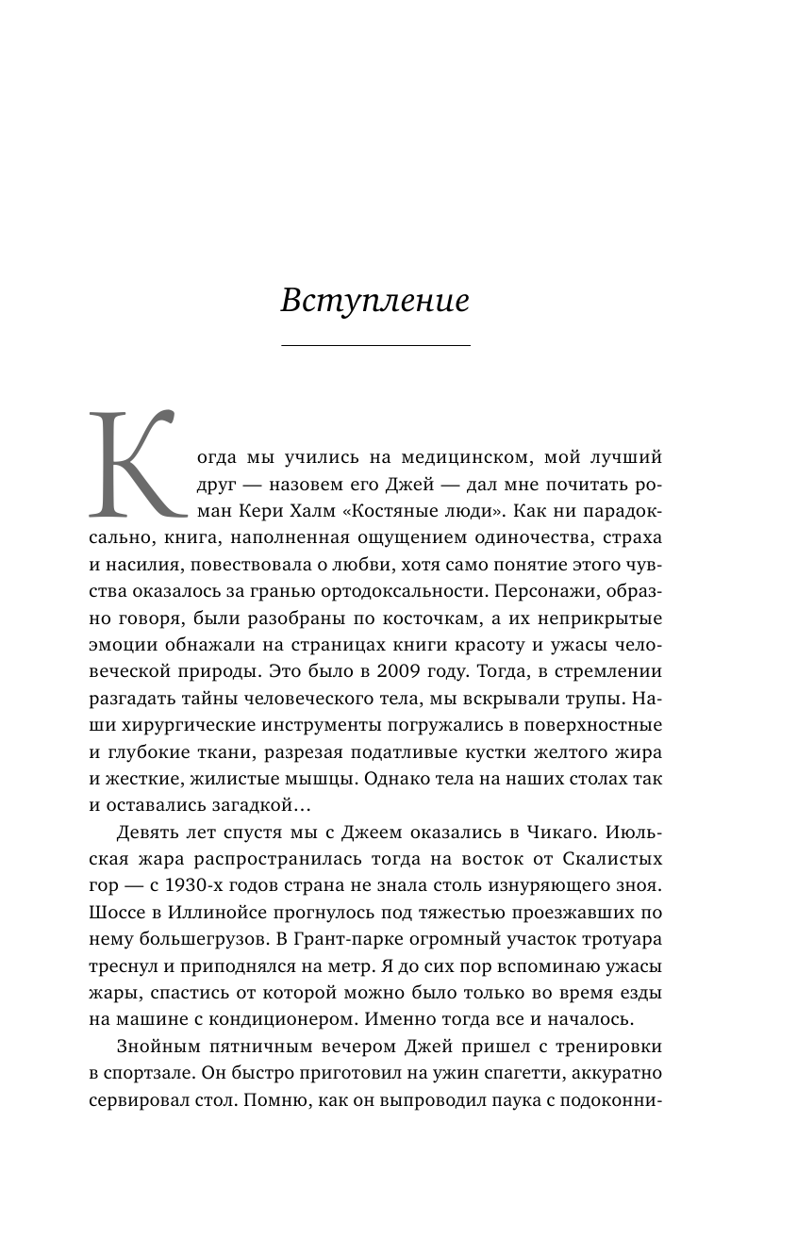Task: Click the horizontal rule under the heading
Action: point(375,346)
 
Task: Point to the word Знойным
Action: point(157,1047)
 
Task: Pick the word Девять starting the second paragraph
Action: point(148,833)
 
